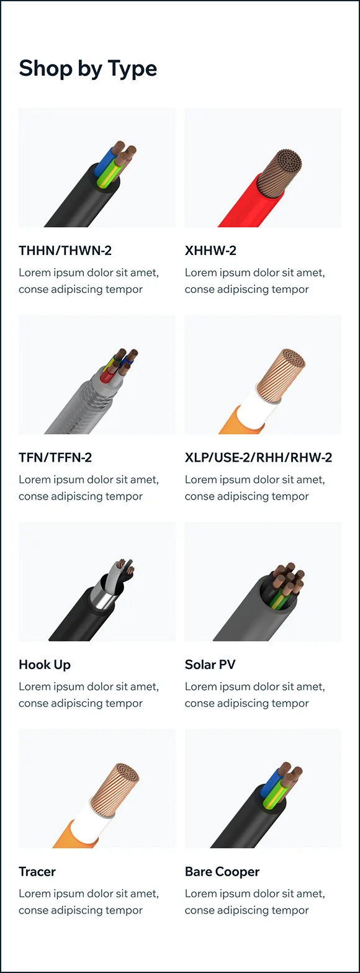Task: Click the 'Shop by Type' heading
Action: pos(88,69)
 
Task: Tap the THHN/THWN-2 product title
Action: pos(65,251)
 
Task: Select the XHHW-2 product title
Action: pos(210,251)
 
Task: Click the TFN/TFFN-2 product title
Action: pos(55,457)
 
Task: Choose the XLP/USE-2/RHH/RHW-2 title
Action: pos(258,457)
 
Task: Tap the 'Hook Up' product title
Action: pos(45,665)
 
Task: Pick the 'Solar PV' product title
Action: pos(210,665)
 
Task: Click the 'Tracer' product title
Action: pos(37,871)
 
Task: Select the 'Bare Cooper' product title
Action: pos(222,871)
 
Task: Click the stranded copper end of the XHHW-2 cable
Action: pos(280,171)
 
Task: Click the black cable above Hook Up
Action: pos(78,617)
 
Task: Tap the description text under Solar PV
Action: pos(254,695)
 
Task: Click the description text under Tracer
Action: pos(89,902)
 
